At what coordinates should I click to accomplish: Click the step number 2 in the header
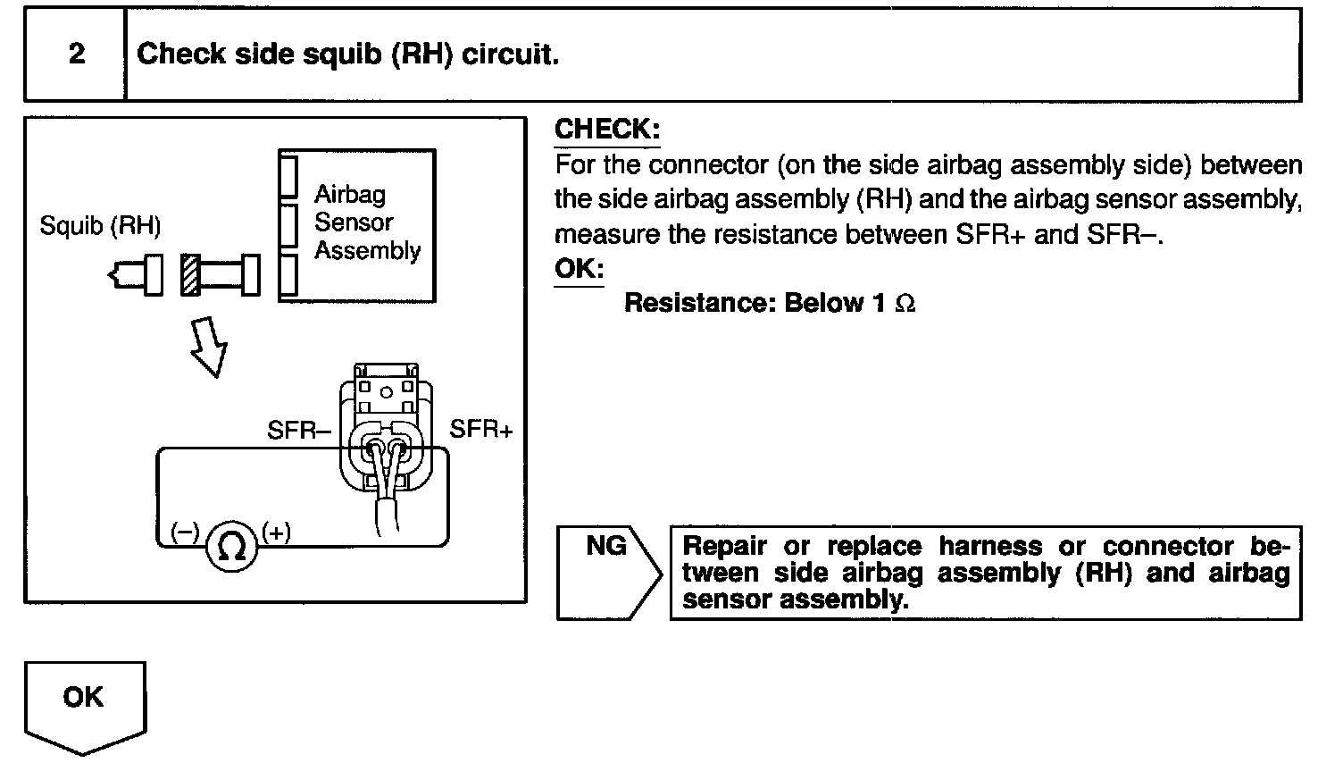tap(77, 54)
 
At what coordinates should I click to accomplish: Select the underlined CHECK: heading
tap(607, 130)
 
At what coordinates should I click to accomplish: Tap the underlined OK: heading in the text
tap(579, 268)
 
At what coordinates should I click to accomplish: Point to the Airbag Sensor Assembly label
tap(366, 222)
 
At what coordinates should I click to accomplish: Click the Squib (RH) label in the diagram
tap(100, 226)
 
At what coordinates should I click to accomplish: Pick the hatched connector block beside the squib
tap(189, 275)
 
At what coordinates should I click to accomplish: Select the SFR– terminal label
tap(299, 431)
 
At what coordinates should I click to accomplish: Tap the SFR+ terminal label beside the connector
tap(481, 430)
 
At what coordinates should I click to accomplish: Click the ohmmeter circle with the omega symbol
tap(232, 546)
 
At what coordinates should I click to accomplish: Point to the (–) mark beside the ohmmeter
tap(185, 532)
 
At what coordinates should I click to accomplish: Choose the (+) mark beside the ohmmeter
tap(277, 532)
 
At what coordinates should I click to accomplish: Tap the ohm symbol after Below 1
tap(905, 304)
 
